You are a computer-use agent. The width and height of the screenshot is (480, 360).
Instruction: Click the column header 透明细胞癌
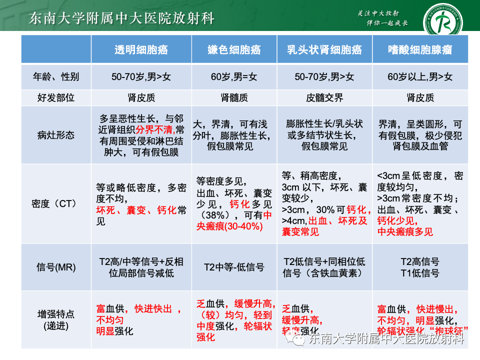pos(141,49)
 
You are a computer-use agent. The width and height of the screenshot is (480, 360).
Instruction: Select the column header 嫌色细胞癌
pos(234,49)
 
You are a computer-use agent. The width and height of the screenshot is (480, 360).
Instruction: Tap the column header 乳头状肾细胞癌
pos(324,49)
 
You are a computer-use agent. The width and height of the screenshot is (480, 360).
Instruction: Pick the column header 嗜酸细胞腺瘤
pos(420,49)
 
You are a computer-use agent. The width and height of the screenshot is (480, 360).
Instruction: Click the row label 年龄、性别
pos(56,77)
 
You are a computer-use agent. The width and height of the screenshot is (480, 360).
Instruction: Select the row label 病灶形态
pos(56,134)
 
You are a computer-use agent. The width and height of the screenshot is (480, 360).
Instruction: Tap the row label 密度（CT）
pos(56,203)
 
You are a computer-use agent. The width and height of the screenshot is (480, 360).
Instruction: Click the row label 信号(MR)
pos(56,267)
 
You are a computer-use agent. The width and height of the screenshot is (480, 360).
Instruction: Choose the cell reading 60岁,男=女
pos(234,77)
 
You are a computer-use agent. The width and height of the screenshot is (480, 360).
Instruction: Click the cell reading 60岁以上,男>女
pos(420,77)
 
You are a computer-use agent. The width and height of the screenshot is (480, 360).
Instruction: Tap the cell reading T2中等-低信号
pos(234,267)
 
